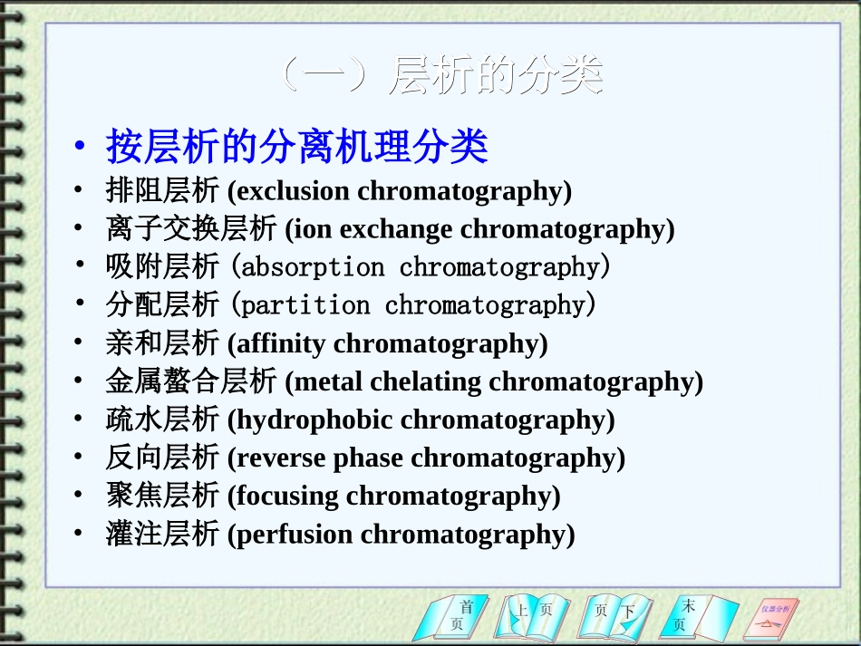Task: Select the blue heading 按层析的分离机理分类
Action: click(297, 146)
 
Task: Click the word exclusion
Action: click(293, 191)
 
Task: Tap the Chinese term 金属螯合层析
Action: click(190, 381)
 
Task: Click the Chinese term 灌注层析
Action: click(162, 534)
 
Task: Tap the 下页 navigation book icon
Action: click(614, 616)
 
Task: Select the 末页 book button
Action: click(693, 616)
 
